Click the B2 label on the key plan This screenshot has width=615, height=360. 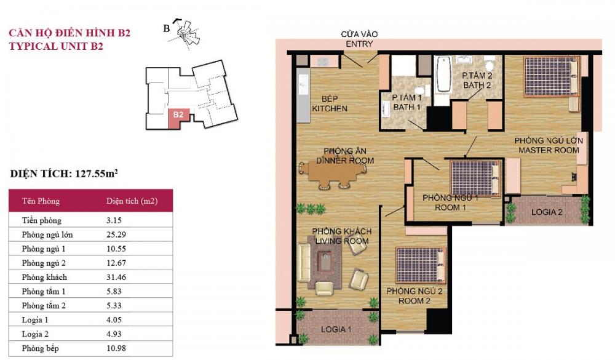click(x=178, y=114)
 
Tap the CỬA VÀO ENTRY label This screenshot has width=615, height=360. click(x=359, y=39)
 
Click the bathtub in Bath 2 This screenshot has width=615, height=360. click(x=443, y=74)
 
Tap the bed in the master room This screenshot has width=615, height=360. click(x=551, y=76)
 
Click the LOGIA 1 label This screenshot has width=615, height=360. click(x=336, y=329)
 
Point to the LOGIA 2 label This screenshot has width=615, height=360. click(x=547, y=212)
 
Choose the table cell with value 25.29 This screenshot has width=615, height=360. click(x=116, y=234)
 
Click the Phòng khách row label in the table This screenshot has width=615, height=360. click(x=44, y=277)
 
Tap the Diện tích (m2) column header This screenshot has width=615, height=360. click(x=132, y=201)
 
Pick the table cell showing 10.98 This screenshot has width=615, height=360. click(x=116, y=348)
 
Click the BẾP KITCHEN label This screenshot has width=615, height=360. click(x=330, y=103)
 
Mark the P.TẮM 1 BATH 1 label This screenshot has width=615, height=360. click(x=407, y=102)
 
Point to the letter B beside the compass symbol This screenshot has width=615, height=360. click(x=166, y=29)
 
